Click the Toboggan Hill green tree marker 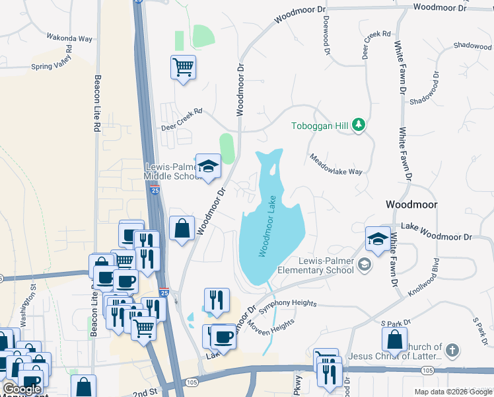(359, 125)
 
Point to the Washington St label (27, 306)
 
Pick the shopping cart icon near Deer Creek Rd (183, 66)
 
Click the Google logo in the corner (22, 390)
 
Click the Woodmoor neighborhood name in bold (411, 205)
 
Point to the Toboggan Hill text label (322, 126)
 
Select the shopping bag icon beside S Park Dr (394, 339)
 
